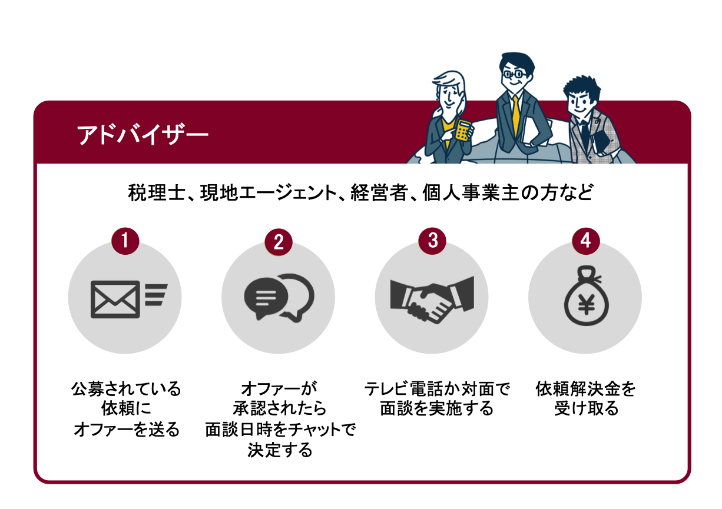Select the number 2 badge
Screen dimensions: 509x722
pos(279,241)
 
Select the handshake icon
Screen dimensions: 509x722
pos(432,299)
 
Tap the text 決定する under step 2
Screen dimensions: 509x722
pos(280,450)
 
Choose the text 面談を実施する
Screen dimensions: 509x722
pos(436,408)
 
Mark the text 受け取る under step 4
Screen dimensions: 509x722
pos(587,408)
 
